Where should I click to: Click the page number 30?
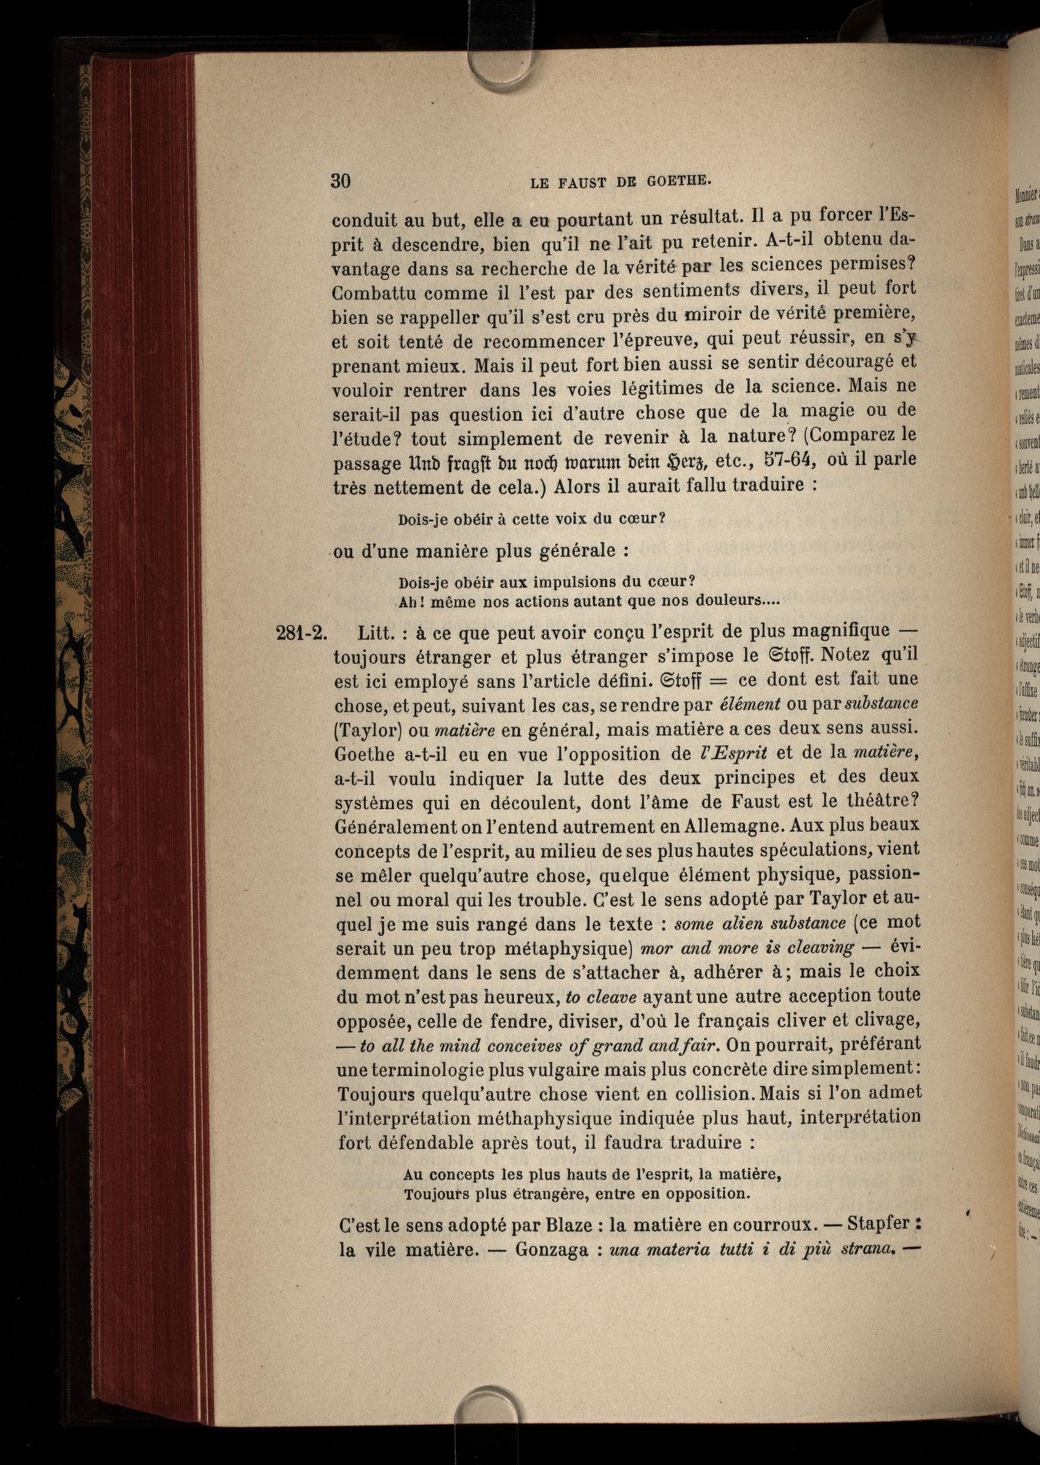pyautogui.click(x=341, y=181)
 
